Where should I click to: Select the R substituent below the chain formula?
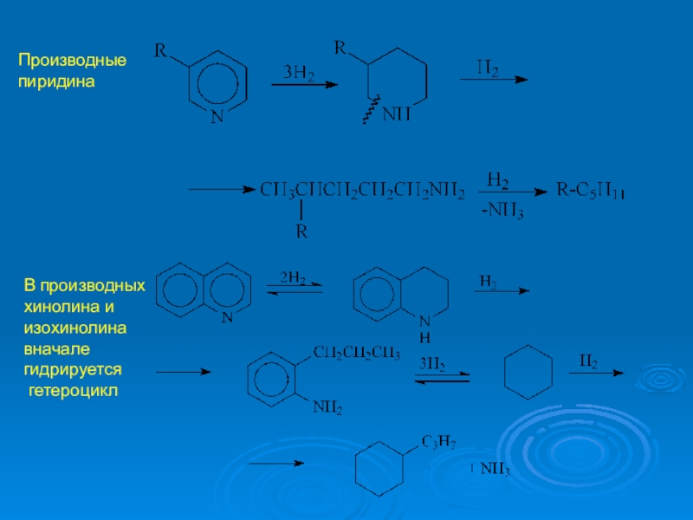tap(301, 231)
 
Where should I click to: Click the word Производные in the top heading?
tap(73, 62)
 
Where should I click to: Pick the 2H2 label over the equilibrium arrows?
tap(291, 278)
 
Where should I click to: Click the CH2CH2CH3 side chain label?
tap(356, 353)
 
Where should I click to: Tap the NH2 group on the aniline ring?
tap(327, 406)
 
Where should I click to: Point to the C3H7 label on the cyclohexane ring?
tap(440, 443)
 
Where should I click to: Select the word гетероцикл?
tap(73, 391)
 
